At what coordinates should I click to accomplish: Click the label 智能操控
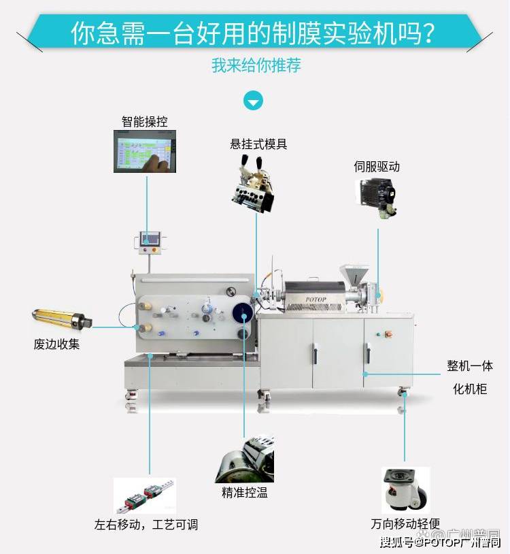tap(144, 122)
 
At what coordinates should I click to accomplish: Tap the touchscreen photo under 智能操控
tap(144, 150)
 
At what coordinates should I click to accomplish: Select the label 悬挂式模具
tap(258, 144)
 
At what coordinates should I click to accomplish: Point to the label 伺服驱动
tap(376, 166)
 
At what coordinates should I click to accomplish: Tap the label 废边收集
tap(57, 344)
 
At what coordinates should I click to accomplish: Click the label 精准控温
tap(244, 493)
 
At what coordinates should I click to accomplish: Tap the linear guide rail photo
tap(143, 495)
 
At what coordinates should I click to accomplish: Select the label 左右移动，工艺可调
tap(146, 525)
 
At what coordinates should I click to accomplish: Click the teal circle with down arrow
tap(254, 101)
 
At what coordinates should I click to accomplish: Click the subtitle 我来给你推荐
tap(256, 66)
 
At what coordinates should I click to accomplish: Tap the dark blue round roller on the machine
tap(242, 313)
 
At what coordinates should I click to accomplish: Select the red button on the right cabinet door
tap(390, 334)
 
